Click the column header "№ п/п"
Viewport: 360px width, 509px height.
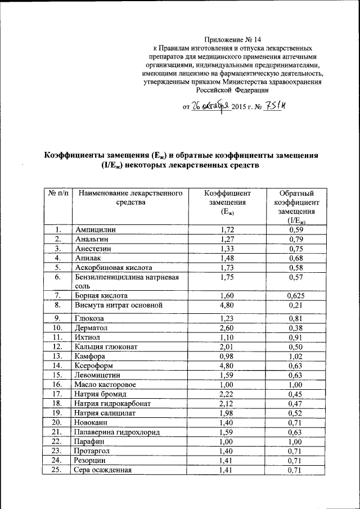click(x=58, y=193)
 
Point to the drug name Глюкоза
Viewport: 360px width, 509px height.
click(x=91, y=319)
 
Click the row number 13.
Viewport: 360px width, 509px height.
click(x=57, y=355)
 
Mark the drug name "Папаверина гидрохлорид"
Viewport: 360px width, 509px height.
click(x=118, y=432)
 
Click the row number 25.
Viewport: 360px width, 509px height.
click(x=57, y=470)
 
